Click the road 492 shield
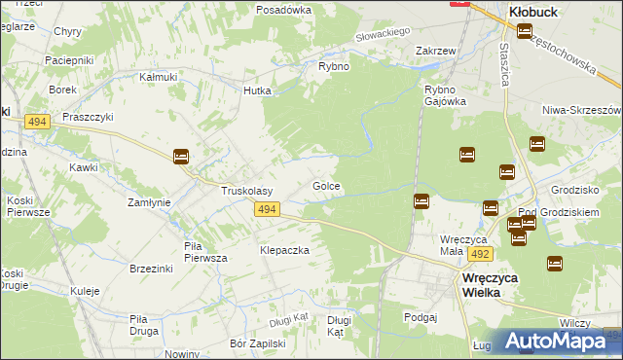click(478, 253)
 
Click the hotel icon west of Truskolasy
click(181, 157)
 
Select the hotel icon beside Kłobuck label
click(525, 32)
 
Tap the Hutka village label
click(257, 90)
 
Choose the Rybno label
click(334, 66)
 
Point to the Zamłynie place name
click(150, 202)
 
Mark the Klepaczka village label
click(284, 250)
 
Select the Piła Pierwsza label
click(205, 252)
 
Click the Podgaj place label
click(421, 316)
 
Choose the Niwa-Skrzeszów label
click(581, 110)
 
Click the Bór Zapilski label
click(257, 342)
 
